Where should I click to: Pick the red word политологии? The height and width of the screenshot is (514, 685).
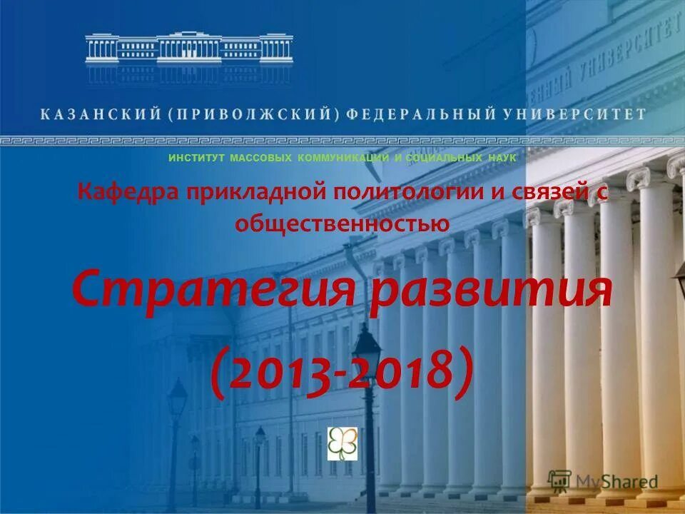pos(409,193)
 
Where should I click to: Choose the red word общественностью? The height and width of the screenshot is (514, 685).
pos(342,223)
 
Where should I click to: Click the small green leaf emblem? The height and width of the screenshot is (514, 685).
pos(342,443)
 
